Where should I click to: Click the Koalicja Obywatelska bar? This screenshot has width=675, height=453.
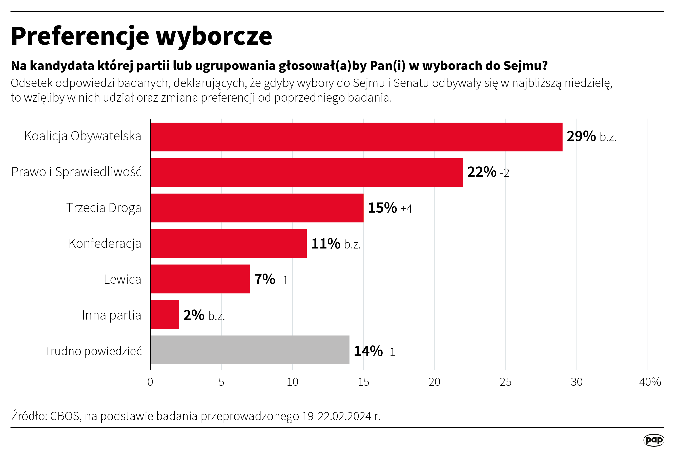tap(356, 137)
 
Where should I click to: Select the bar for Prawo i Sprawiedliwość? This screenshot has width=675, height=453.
tap(306, 172)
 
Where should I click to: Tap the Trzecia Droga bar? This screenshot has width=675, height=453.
tap(257, 208)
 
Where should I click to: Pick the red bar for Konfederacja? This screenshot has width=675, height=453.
tap(229, 243)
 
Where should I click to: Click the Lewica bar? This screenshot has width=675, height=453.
tap(200, 279)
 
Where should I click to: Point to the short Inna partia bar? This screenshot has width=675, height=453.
tap(165, 315)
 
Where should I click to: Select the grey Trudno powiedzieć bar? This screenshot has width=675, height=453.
tap(250, 350)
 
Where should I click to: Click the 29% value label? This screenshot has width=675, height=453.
tap(581, 136)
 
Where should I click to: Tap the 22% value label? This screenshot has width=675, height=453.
tap(482, 172)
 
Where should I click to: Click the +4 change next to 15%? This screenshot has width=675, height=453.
tap(406, 209)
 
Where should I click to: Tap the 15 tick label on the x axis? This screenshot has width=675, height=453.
tap(363, 382)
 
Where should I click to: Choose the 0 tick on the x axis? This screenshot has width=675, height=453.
tap(150, 382)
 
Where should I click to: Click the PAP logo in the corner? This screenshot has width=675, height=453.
tap(653, 440)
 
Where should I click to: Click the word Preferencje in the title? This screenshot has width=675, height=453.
tap(80, 36)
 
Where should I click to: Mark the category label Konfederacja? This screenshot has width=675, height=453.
tap(105, 243)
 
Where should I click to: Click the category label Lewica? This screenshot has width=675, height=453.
tap(122, 279)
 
